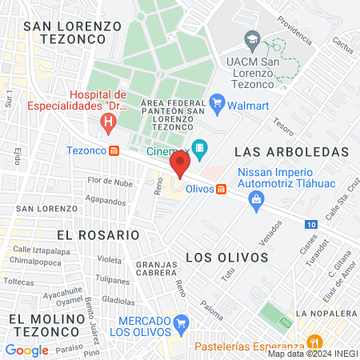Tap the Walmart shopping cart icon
215,102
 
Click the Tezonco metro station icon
114,150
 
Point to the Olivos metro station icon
222,189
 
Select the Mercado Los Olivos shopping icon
182,326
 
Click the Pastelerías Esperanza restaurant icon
314,340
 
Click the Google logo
26,350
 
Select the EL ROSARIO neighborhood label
98,235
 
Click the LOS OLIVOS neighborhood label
226,257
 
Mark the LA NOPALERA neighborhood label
325,313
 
